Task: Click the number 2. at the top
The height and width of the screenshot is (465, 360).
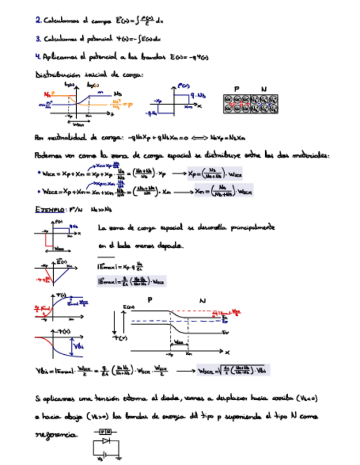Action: pos(38,20)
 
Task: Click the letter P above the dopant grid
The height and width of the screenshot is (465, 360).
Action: pos(237,89)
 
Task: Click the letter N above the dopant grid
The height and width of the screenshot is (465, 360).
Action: pos(264,89)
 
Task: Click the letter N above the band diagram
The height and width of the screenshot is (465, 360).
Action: pos(202,300)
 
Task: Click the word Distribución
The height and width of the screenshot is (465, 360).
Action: pos(59,74)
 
